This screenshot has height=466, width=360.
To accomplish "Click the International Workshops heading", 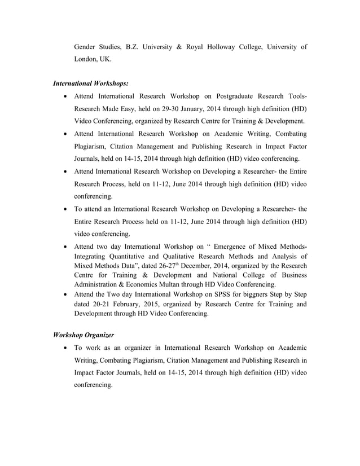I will point(90,83).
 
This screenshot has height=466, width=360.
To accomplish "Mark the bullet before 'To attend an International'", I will point(67,209).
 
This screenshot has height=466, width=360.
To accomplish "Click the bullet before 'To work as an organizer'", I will point(67,348).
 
